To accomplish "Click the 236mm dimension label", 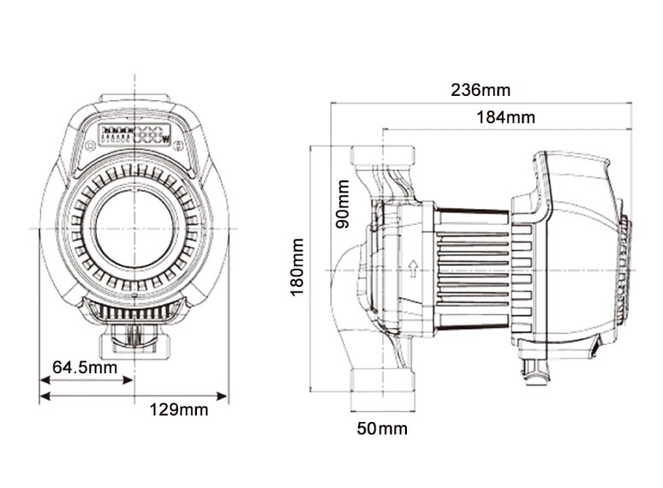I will (481, 90).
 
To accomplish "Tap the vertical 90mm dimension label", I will (343, 203).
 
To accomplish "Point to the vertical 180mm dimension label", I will (297, 266).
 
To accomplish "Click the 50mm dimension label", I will (382, 428).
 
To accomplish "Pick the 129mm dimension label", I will (179, 409).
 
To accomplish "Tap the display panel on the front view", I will (134, 135).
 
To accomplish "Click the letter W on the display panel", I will (168, 139).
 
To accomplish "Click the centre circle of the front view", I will (134, 227).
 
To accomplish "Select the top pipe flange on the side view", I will (382, 156).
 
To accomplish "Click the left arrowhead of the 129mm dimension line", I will (44, 396).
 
